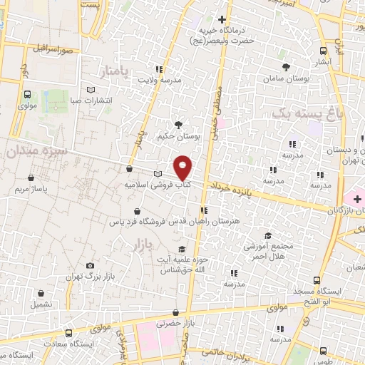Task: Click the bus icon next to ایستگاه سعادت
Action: click(x=68, y=333)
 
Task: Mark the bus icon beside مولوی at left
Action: click(x=27, y=94)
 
